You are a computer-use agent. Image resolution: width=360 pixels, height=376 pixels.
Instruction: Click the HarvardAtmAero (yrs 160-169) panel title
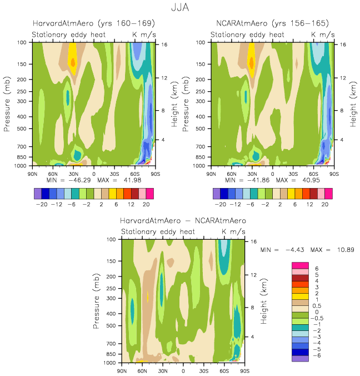click(93, 23)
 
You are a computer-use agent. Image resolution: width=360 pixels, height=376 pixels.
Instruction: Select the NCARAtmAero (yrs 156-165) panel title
click(272, 23)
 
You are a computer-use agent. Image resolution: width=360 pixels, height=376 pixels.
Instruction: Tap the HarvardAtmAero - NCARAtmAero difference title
click(183, 221)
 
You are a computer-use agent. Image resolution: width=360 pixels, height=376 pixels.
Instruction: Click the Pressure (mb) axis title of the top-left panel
click(8, 105)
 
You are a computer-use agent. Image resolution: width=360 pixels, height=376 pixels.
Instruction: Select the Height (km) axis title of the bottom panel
click(266, 301)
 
